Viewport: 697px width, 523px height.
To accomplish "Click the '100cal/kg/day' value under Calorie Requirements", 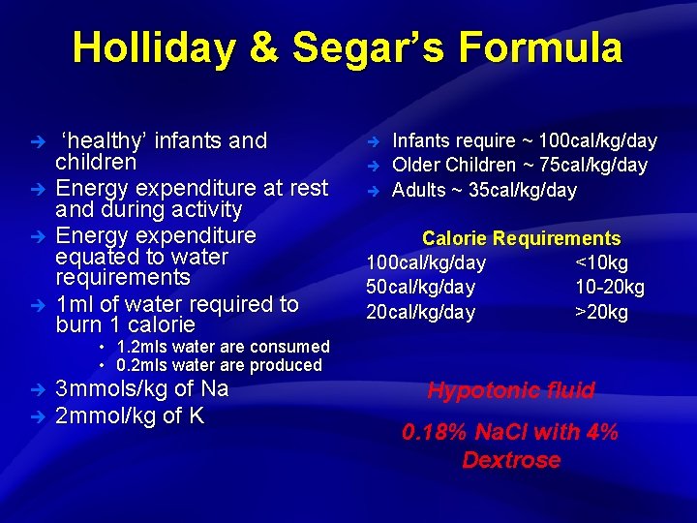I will coord(426,262).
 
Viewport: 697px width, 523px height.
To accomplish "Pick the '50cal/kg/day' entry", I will coord(420,288).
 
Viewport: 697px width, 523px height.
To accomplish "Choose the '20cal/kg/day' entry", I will coord(420,312).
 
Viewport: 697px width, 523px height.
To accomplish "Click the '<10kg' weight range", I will coord(601,262).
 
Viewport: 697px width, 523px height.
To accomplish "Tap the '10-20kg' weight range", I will coord(609,288).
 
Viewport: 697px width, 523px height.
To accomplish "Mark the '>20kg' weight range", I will coord(601,312).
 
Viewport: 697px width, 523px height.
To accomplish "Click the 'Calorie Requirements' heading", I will coord(521,238).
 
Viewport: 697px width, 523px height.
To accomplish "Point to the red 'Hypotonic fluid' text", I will coord(511,391).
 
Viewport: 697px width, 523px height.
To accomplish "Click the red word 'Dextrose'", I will coord(511,460).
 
